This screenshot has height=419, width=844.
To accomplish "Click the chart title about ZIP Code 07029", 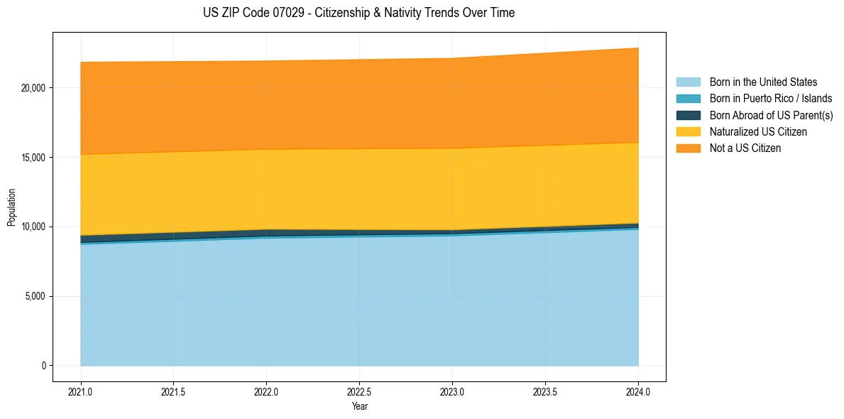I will (358, 13).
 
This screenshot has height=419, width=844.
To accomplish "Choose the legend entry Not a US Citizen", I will (745, 148).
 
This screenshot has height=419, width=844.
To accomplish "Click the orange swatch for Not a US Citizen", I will (688, 148).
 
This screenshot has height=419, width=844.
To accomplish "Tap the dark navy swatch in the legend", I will (688, 115).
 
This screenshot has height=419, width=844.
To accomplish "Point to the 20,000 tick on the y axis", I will (33, 88).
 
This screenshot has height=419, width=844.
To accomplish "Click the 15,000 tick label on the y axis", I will (33, 157).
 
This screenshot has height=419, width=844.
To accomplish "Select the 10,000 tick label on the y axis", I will (33, 227).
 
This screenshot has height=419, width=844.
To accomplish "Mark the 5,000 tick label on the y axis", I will (35, 296).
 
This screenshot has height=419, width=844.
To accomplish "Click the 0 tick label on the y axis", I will (43, 366).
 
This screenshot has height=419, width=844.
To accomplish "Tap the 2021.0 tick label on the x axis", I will (80, 391).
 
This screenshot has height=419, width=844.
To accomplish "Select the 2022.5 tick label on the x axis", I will (359, 391).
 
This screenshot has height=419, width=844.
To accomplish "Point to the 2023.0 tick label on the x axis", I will (452, 391).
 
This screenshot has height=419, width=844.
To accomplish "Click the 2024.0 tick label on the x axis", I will (638, 391).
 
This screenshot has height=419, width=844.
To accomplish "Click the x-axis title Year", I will (359, 406).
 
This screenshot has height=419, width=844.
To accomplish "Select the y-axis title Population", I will (11, 207).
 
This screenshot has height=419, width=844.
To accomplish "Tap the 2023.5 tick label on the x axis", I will (545, 391).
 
